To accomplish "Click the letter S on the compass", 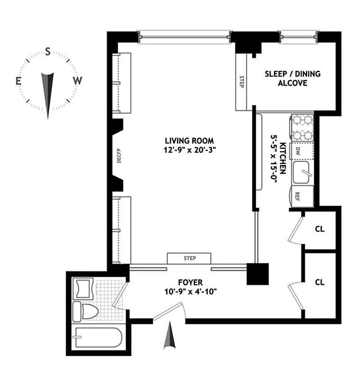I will [x=48, y=52].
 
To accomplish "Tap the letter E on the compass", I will [x=19, y=81].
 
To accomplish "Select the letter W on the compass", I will [x=77, y=81].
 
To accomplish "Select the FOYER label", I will [x=190, y=282].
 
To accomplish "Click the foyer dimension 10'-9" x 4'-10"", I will [x=190, y=292].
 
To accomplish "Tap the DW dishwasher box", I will [x=298, y=151].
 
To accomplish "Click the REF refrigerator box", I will [x=297, y=197].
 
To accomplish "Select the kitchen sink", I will [x=303, y=173].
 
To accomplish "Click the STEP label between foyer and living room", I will [x=189, y=258].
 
